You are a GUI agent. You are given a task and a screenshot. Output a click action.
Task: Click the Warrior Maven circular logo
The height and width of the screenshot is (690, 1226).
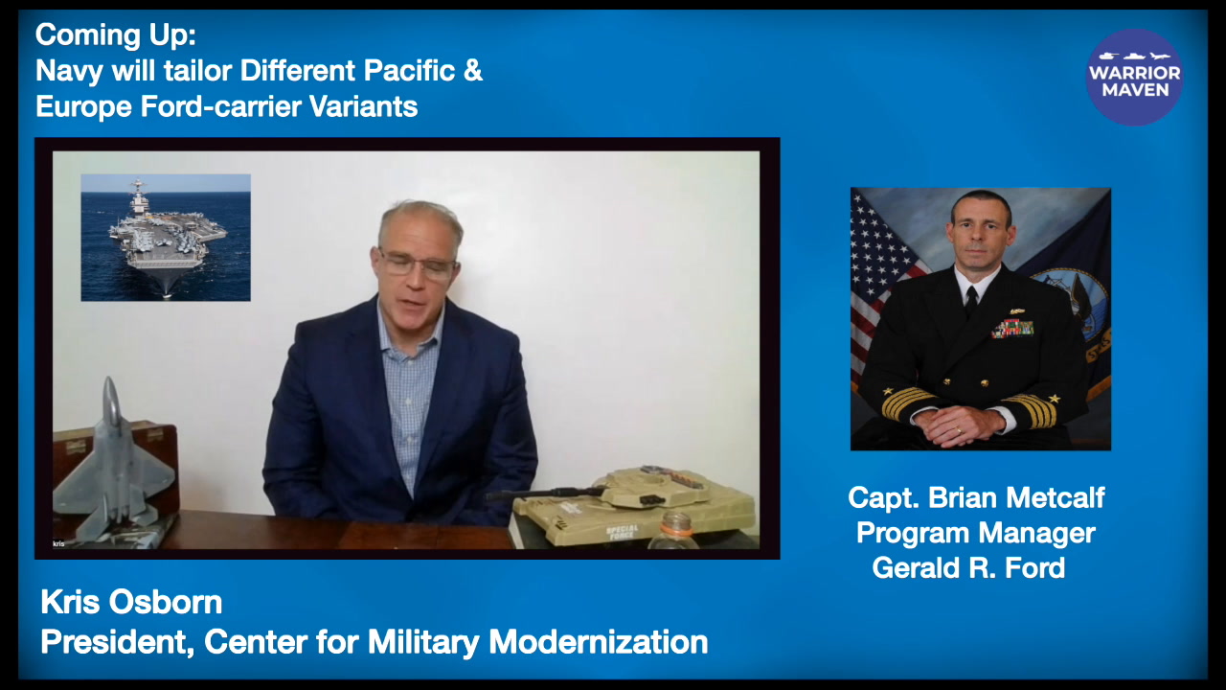pos(1134,78)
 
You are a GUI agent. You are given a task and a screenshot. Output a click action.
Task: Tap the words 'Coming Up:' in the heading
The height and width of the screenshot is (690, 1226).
pos(116,35)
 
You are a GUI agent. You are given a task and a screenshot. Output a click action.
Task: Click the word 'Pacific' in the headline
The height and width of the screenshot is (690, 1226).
pos(409,70)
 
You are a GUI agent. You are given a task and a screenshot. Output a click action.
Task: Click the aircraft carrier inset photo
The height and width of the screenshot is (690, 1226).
pos(166,238)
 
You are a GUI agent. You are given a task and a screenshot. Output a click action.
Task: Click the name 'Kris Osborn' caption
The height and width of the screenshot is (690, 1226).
pos(131,603)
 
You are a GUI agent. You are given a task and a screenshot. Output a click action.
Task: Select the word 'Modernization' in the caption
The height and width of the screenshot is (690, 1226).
pos(599,642)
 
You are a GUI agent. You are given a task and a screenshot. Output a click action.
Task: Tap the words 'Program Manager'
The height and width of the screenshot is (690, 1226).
pos(976,533)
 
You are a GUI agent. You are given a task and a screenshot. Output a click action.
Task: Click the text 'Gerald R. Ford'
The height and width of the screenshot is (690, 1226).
pos(968,567)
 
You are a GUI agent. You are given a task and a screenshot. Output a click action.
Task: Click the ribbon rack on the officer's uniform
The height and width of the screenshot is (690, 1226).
pos(1012,328)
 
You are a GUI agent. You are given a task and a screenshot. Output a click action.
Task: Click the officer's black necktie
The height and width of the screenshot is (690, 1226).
pos(971,302)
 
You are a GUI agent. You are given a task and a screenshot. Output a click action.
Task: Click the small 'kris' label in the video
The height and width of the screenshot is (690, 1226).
pos(58,543)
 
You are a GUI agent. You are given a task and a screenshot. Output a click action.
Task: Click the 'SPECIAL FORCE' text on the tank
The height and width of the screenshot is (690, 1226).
pos(622,532)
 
